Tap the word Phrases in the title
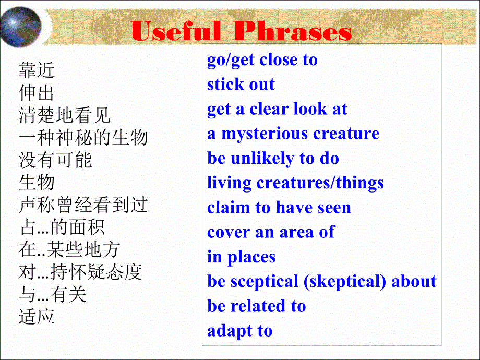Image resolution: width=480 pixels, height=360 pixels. (x=292, y=32)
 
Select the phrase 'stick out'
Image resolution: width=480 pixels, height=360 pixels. (x=241, y=85)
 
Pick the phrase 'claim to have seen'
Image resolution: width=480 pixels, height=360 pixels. (x=279, y=208)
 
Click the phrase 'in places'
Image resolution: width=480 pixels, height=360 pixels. (x=241, y=257)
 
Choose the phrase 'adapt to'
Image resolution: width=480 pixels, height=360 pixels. (x=239, y=331)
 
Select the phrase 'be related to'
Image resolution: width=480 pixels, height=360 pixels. (x=256, y=306)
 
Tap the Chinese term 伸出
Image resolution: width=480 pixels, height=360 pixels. (x=37, y=93)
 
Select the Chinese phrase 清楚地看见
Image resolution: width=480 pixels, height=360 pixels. (x=64, y=115)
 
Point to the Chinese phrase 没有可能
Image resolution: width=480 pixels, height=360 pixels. (x=55, y=160)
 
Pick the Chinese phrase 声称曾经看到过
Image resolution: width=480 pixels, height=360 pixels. (x=83, y=205)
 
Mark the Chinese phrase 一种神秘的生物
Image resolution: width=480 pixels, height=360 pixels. (x=83, y=138)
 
